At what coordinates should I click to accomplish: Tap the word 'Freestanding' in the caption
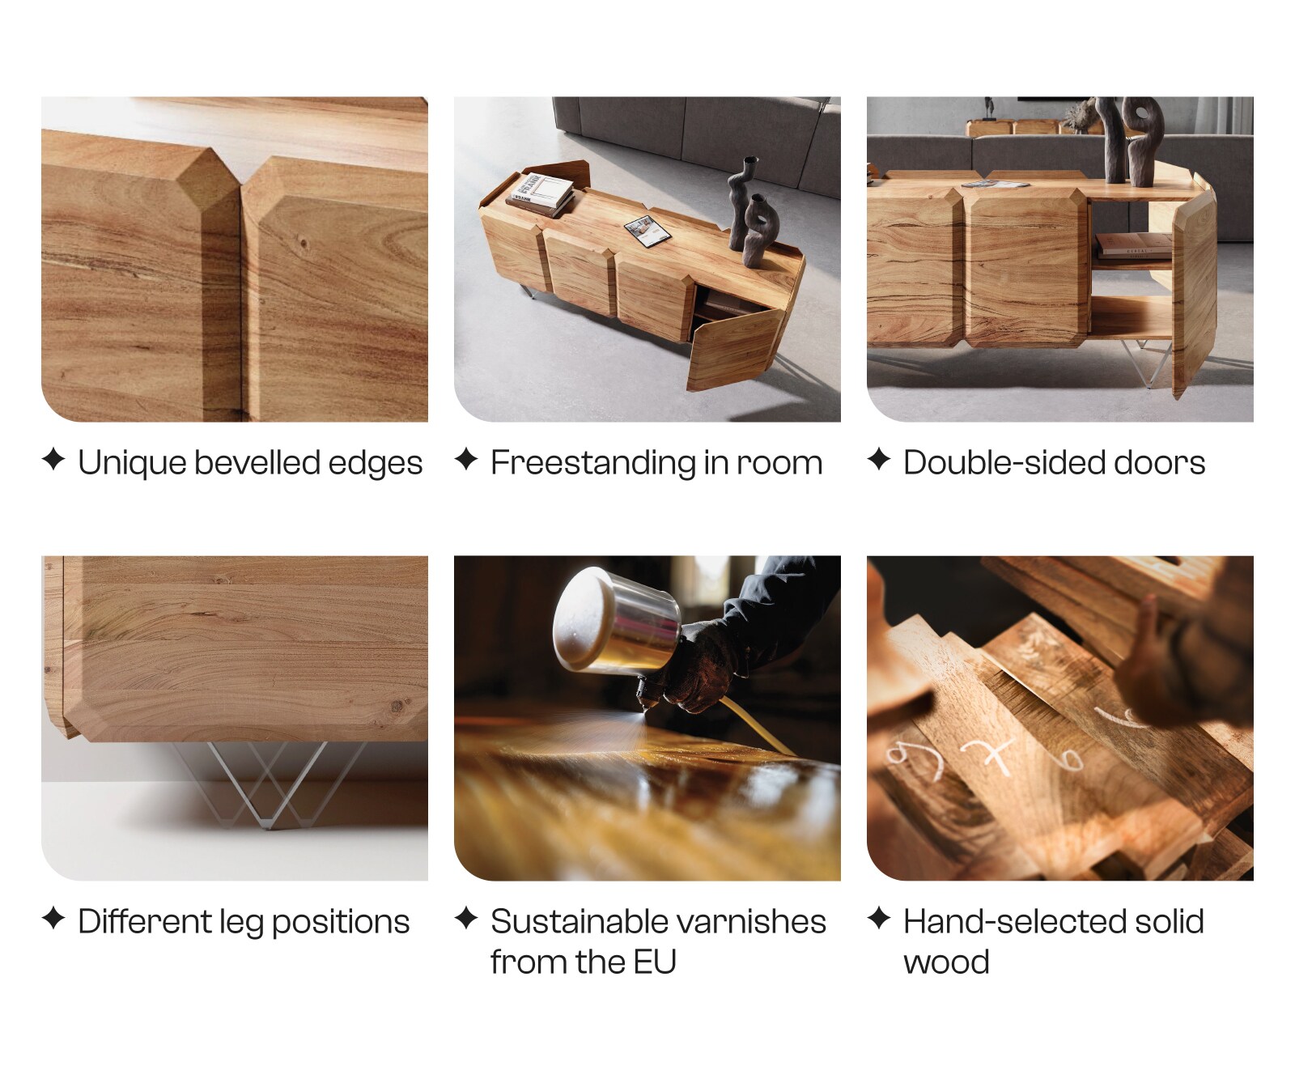[x=592, y=463]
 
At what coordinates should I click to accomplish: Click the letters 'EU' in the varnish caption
[x=655, y=962]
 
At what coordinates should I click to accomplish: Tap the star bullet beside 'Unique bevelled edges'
[x=53, y=460]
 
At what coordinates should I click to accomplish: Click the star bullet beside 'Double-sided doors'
[x=879, y=460]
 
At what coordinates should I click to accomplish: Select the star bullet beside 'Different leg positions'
[x=53, y=919]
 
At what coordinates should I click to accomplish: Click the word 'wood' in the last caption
[x=946, y=962]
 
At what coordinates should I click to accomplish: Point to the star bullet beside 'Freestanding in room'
[x=466, y=460]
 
